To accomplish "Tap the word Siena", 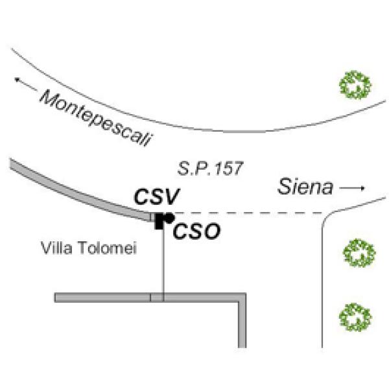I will [305, 187].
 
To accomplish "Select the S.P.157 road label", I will [211, 169].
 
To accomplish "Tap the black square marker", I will [159, 221].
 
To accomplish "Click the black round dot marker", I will [169, 218].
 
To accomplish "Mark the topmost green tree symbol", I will [356, 85].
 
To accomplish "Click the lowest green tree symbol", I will [356, 316].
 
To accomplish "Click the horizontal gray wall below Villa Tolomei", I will [104, 298].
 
